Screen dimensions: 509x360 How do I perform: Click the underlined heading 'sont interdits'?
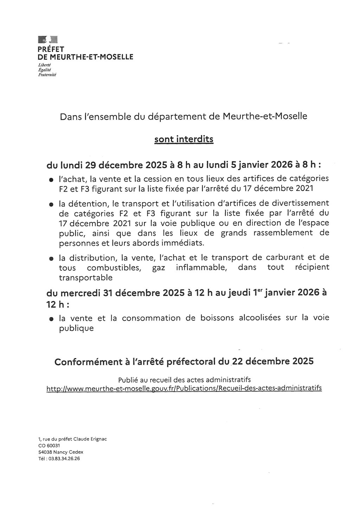click(184, 140)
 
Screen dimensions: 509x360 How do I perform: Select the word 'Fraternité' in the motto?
click(47, 75)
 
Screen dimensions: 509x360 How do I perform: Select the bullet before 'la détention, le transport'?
click(51, 204)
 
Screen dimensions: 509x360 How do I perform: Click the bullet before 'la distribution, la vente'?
click(51, 258)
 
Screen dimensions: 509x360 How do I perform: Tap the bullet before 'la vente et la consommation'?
click(51, 320)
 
